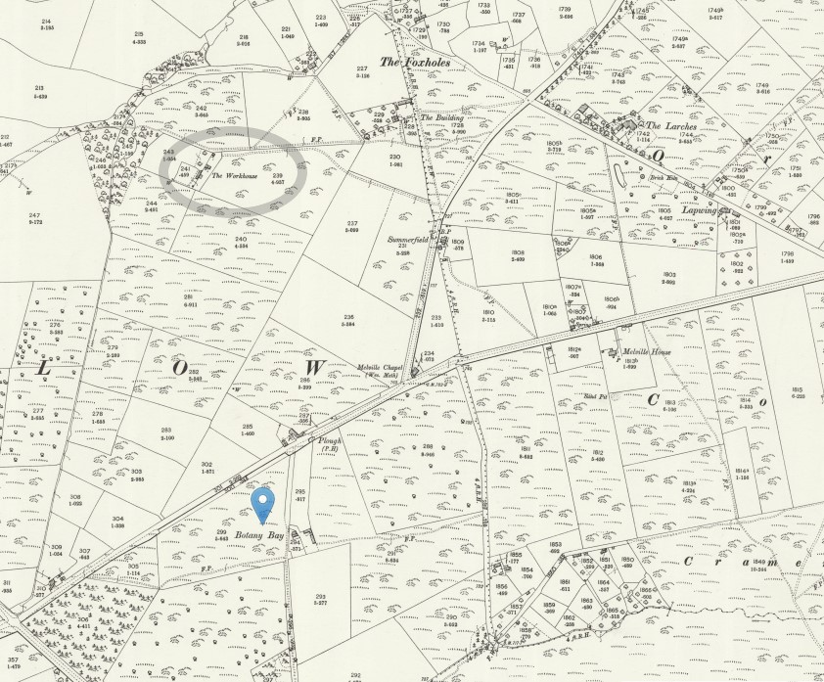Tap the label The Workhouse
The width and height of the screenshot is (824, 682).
coord(232,177)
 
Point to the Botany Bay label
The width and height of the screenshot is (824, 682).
coord(258,535)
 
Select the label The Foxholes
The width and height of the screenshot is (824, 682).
coord(405,62)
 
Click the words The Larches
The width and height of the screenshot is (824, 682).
coord(666,125)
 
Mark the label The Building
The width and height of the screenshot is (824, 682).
coord(440,117)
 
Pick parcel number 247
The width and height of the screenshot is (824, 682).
coord(35,214)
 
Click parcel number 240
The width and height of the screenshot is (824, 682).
coord(241,239)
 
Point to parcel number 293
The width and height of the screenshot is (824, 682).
coord(320,596)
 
